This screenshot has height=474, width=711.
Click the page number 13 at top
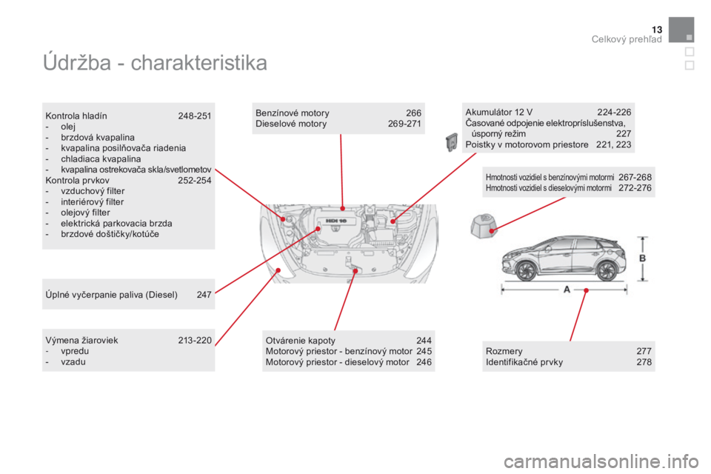657,30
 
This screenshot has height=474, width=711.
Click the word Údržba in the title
77,62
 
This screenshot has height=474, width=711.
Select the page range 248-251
195,116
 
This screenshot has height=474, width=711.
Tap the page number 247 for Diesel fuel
204,295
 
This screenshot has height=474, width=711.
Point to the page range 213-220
195,340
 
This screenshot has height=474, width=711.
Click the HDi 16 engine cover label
336,221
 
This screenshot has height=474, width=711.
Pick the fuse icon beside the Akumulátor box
451,142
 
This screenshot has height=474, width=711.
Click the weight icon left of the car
484,225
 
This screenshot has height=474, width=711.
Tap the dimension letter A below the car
567,290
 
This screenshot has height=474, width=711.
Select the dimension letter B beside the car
643,258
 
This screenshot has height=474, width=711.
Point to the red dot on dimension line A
587,290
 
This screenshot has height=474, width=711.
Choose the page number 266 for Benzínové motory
413,113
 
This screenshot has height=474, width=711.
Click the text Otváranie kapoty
301,341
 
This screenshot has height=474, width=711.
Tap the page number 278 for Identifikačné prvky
644,362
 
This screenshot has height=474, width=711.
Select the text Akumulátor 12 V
498,112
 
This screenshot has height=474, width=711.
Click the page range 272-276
635,188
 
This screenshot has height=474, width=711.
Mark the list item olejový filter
85,213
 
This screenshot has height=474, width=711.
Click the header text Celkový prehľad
627,39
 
